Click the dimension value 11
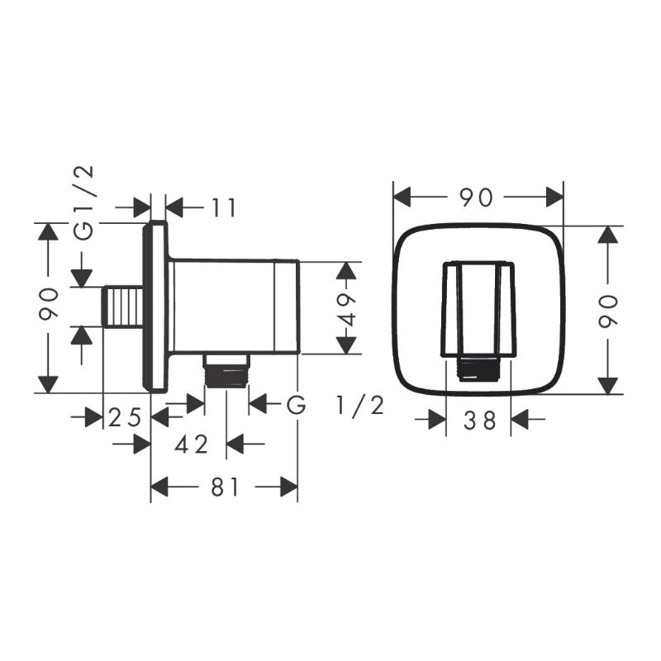click(223, 208)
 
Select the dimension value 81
click(225, 487)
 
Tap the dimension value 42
click(192, 445)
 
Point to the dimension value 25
click(125, 418)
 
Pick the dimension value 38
click(480, 421)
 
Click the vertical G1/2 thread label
click(83, 203)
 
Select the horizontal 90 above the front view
click(476, 197)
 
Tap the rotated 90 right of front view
click(608, 311)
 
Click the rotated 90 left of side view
click(49, 303)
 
